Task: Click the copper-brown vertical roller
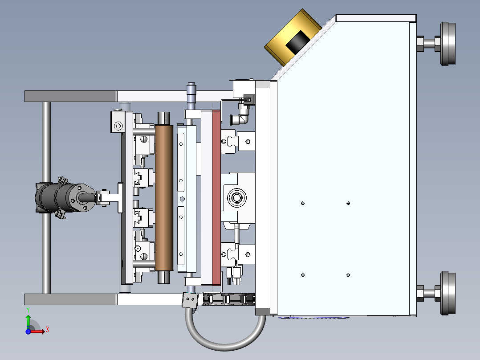(164, 198)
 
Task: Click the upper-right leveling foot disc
(448, 44)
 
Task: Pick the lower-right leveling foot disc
(448, 293)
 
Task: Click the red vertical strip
(216, 198)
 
